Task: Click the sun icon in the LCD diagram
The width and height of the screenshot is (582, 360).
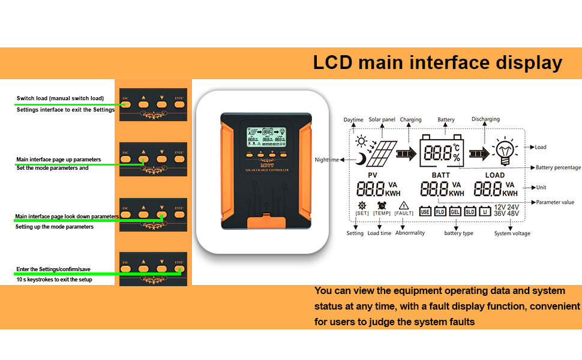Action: click(361, 142)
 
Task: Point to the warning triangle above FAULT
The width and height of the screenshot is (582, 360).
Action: click(403, 205)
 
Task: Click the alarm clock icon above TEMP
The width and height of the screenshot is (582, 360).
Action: click(382, 205)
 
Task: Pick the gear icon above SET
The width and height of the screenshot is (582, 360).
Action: click(362, 205)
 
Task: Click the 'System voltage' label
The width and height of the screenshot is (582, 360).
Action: click(512, 233)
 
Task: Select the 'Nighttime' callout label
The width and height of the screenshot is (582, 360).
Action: click(327, 160)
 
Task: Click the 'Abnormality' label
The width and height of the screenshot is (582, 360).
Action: click(410, 233)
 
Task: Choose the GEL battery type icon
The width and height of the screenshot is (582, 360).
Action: click(455, 211)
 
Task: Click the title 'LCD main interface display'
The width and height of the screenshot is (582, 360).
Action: click(437, 63)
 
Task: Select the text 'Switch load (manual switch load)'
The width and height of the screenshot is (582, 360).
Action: click(60, 98)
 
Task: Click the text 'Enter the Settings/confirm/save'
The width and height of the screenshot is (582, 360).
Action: click(53, 269)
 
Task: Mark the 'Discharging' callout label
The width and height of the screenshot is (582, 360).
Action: click(485, 119)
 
